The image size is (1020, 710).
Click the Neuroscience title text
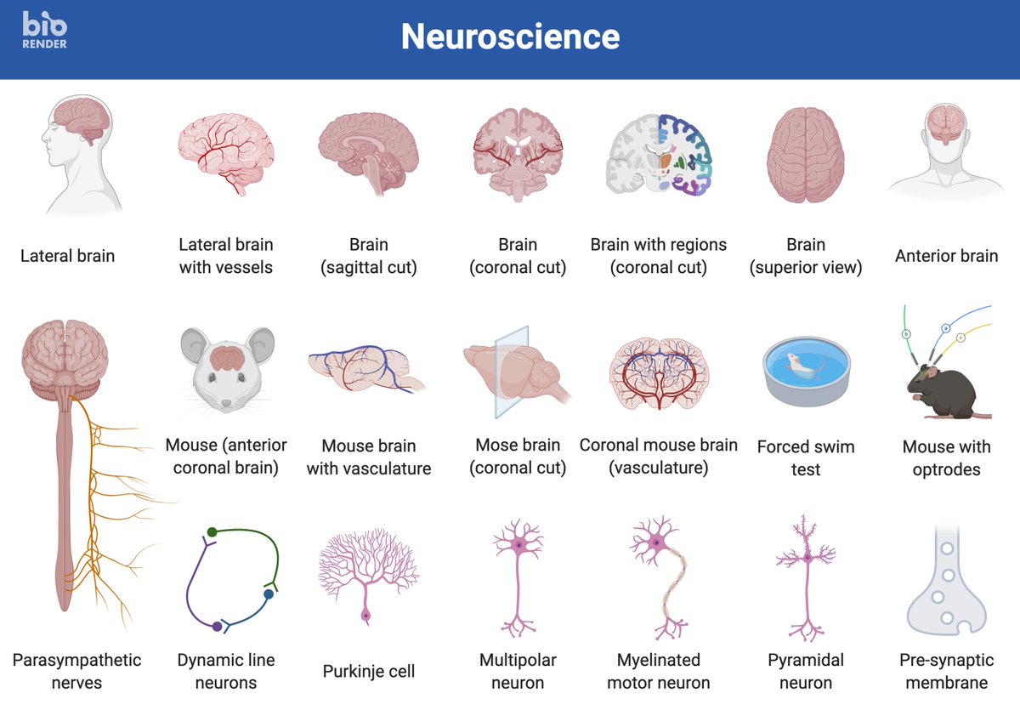click(510, 37)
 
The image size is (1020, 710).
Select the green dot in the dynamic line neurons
click(212, 532)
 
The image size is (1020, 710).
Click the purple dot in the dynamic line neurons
click(218, 627)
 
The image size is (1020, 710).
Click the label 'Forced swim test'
click(806, 457)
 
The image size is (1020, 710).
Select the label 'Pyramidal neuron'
click(806, 671)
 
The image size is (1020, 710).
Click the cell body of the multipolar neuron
click(518, 544)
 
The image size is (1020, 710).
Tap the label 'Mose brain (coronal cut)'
click(518, 457)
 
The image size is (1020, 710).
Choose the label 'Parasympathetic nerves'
click(76, 671)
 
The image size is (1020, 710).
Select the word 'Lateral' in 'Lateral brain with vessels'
click(202, 245)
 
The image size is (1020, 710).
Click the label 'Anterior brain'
click(946, 256)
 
